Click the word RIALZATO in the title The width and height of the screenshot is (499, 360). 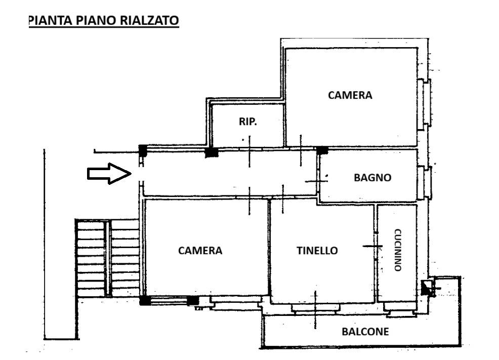point(149,20)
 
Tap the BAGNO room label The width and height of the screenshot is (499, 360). point(372,178)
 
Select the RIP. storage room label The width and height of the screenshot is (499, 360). point(248,122)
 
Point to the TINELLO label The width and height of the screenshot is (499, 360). point(317,251)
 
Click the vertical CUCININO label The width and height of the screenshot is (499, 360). point(397,250)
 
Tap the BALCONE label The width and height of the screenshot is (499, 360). point(365,332)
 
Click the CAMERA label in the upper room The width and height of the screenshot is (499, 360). point(350,95)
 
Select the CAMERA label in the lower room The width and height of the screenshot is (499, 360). point(200,251)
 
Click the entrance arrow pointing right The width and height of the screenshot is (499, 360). point(109,174)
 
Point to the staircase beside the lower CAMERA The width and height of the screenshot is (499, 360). point(107,258)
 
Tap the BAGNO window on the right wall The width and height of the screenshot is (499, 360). point(424,182)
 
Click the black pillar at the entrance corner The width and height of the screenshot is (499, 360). point(143,150)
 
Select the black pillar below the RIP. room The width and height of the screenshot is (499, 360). point(212,152)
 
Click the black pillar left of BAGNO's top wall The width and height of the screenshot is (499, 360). point(322,150)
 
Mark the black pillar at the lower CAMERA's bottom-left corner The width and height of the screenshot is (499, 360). point(145,300)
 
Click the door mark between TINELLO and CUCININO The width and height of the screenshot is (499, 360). point(372,246)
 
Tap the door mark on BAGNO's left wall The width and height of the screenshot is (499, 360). point(316,181)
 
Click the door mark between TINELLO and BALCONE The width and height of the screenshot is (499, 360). point(315,310)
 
